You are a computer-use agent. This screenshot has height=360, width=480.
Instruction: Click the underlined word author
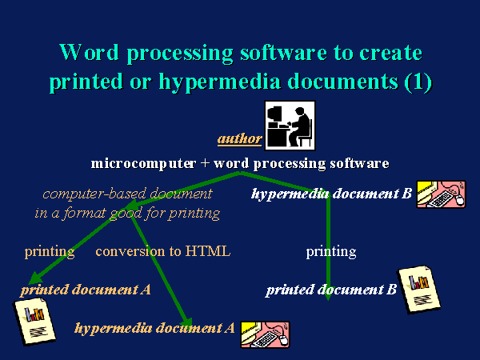(240, 138)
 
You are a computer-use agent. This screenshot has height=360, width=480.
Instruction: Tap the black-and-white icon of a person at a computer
(290, 126)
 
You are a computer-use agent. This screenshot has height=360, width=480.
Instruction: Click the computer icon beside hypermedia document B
(441, 194)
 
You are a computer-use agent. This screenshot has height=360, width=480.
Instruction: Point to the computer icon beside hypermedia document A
(265, 334)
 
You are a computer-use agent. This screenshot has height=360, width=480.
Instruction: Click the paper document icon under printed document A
(35, 322)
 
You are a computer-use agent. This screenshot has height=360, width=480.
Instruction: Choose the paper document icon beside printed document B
(418, 290)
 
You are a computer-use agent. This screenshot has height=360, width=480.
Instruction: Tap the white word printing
(331, 252)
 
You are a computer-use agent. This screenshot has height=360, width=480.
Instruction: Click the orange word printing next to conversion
(50, 252)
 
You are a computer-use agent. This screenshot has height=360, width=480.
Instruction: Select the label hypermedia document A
(154, 328)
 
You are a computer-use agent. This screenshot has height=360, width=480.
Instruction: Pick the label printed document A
(86, 290)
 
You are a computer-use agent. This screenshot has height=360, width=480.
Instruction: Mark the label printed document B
(331, 290)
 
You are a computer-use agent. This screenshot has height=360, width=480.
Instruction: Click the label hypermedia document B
(331, 194)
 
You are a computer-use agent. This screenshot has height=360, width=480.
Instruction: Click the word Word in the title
(89, 52)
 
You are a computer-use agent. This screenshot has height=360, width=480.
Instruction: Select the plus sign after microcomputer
(205, 163)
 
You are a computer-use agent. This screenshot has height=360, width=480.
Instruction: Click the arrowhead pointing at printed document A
(34, 278)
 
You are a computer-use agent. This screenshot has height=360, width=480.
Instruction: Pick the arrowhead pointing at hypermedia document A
(187, 322)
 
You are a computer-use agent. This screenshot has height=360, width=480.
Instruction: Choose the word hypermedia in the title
(219, 82)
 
